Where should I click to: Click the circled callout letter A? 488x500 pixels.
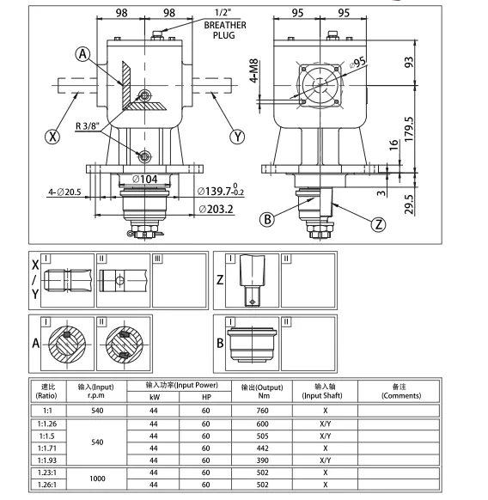tap(82, 54)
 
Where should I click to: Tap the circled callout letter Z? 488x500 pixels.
tap(379, 225)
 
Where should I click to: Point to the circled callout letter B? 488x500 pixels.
tap(268, 219)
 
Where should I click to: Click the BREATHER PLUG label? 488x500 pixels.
tap(224, 31)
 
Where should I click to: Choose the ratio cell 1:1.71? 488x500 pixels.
tap(48, 448)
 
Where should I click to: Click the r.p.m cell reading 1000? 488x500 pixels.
tap(97, 479)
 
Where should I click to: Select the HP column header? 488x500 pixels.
tap(206, 398)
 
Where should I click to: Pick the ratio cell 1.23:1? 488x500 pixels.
tap(48, 472)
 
